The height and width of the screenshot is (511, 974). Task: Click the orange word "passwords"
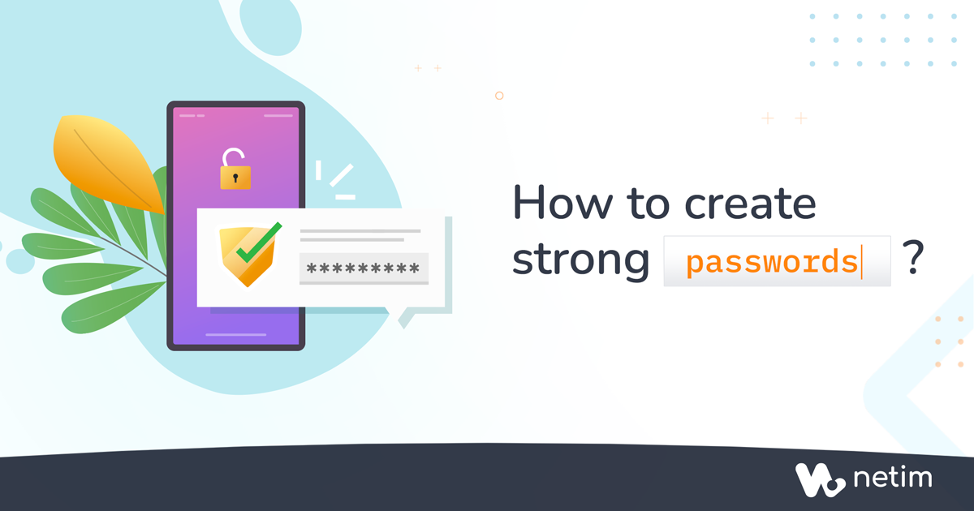[771, 262]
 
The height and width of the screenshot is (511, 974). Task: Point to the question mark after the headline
[912, 258]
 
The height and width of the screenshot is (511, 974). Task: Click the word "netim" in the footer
[893, 478]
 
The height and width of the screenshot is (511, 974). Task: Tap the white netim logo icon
[820, 479]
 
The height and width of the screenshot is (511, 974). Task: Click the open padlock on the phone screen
[235, 169]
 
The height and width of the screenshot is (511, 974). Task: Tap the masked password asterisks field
[364, 268]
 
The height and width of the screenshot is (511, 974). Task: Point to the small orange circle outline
[499, 96]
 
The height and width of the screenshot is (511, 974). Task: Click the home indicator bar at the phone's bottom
[235, 334]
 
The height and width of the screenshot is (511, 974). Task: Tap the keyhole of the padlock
[235, 178]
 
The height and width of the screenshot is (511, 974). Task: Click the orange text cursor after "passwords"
[861, 261]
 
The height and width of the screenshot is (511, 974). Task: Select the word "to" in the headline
[648, 204]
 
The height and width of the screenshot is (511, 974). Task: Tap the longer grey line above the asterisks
[360, 231]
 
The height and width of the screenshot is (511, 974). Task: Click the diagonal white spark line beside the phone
[342, 175]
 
